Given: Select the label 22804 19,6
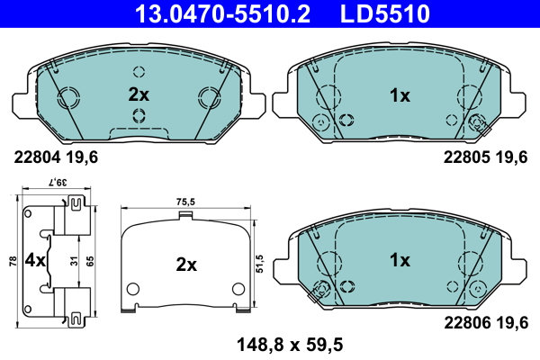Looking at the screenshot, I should pyautogui.click(x=55, y=156).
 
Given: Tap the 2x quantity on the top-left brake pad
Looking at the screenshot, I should pyautogui.click(x=138, y=94).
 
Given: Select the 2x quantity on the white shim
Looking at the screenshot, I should pyautogui.click(x=185, y=265).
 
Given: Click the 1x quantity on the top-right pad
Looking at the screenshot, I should pyautogui.click(x=399, y=94).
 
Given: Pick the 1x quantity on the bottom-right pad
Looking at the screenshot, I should pyautogui.click(x=399, y=260).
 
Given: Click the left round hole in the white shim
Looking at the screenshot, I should pyautogui.click(x=133, y=289).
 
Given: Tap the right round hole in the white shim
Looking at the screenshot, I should pyautogui.click(x=238, y=289).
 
